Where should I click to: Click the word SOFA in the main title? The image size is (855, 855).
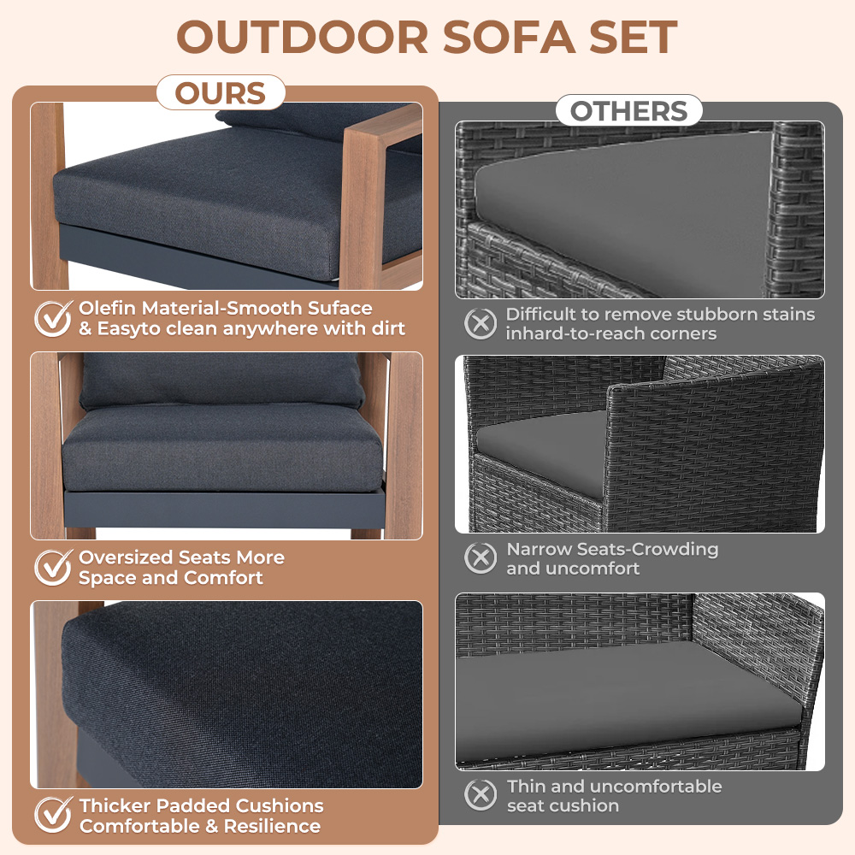509,38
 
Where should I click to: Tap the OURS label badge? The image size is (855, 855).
221,92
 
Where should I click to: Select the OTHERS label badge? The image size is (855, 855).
628,110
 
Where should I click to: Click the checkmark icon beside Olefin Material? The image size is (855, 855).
53,318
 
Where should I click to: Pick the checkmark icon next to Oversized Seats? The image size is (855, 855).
53,567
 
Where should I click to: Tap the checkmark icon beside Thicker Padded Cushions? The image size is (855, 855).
53,815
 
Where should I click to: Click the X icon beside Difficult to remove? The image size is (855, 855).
481,323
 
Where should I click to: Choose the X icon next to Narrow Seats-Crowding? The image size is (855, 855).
481,557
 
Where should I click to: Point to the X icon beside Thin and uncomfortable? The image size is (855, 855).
481,795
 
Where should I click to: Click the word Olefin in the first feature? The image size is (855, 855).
108,308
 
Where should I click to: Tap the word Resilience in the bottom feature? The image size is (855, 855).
272,826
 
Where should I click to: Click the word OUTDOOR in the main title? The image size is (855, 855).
303,38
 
